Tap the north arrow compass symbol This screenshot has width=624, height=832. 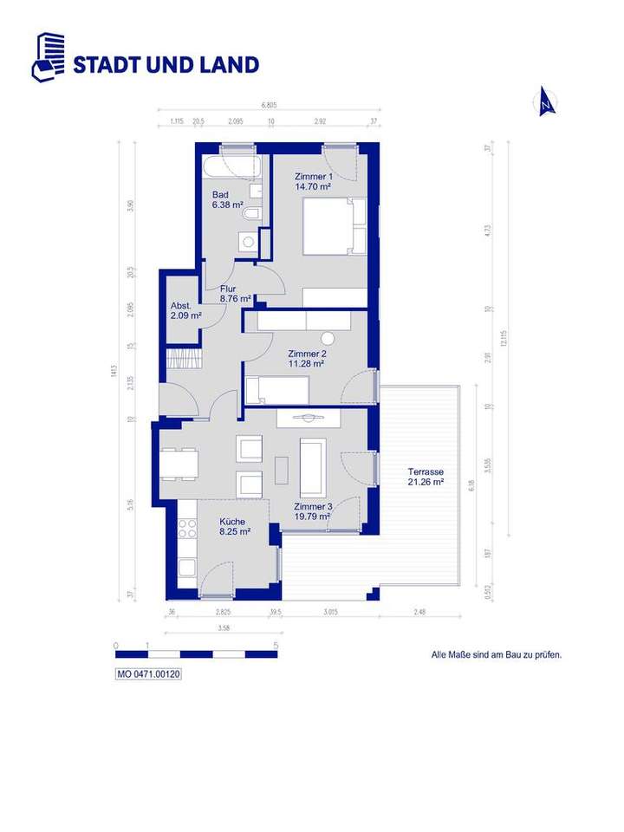click(x=546, y=103)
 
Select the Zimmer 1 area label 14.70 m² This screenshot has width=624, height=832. click(x=313, y=181)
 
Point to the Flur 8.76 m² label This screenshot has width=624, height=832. click(x=234, y=294)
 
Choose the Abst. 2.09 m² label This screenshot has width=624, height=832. click(x=185, y=310)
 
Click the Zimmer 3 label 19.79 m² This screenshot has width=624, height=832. click(x=311, y=511)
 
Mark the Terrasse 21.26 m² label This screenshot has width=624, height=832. click(x=426, y=478)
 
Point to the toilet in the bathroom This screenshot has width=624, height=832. click(x=251, y=213)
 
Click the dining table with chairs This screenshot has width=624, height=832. click(x=179, y=463)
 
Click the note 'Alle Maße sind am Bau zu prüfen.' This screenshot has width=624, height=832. click(x=497, y=655)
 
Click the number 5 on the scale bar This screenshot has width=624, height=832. click(x=276, y=646)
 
